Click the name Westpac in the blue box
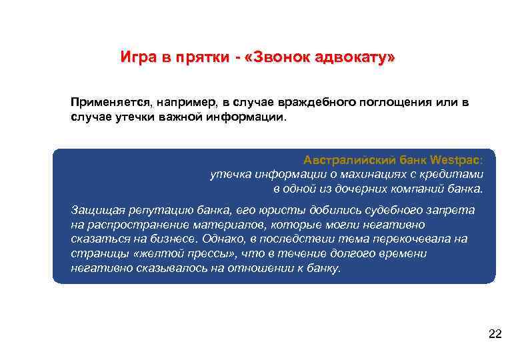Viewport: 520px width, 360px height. [x=454, y=161]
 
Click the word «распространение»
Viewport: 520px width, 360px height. [x=130, y=224]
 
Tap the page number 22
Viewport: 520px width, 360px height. [x=495, y=333]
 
